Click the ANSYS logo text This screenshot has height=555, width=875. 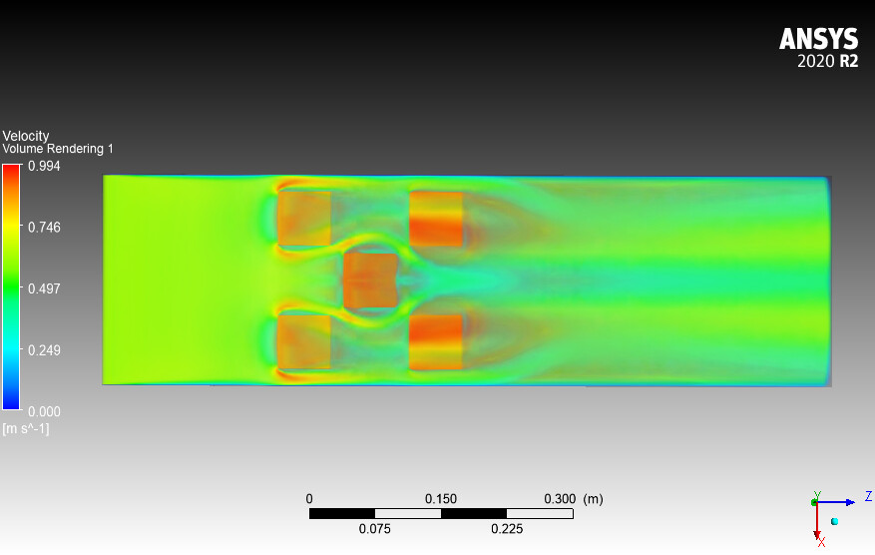pos(819,39)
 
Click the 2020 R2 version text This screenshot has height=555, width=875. pos(827,61)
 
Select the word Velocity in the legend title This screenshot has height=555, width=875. pos(26,136)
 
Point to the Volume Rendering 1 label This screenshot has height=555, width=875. pos(58,149)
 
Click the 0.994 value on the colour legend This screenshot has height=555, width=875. pos(44,166)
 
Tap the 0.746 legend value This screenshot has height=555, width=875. pos(44,228)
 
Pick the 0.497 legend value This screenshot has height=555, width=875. pos(44,288)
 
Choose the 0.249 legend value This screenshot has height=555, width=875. pos(44,350)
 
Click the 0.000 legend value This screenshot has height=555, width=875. pos(44,411)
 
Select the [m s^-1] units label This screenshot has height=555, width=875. pos(26,429)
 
